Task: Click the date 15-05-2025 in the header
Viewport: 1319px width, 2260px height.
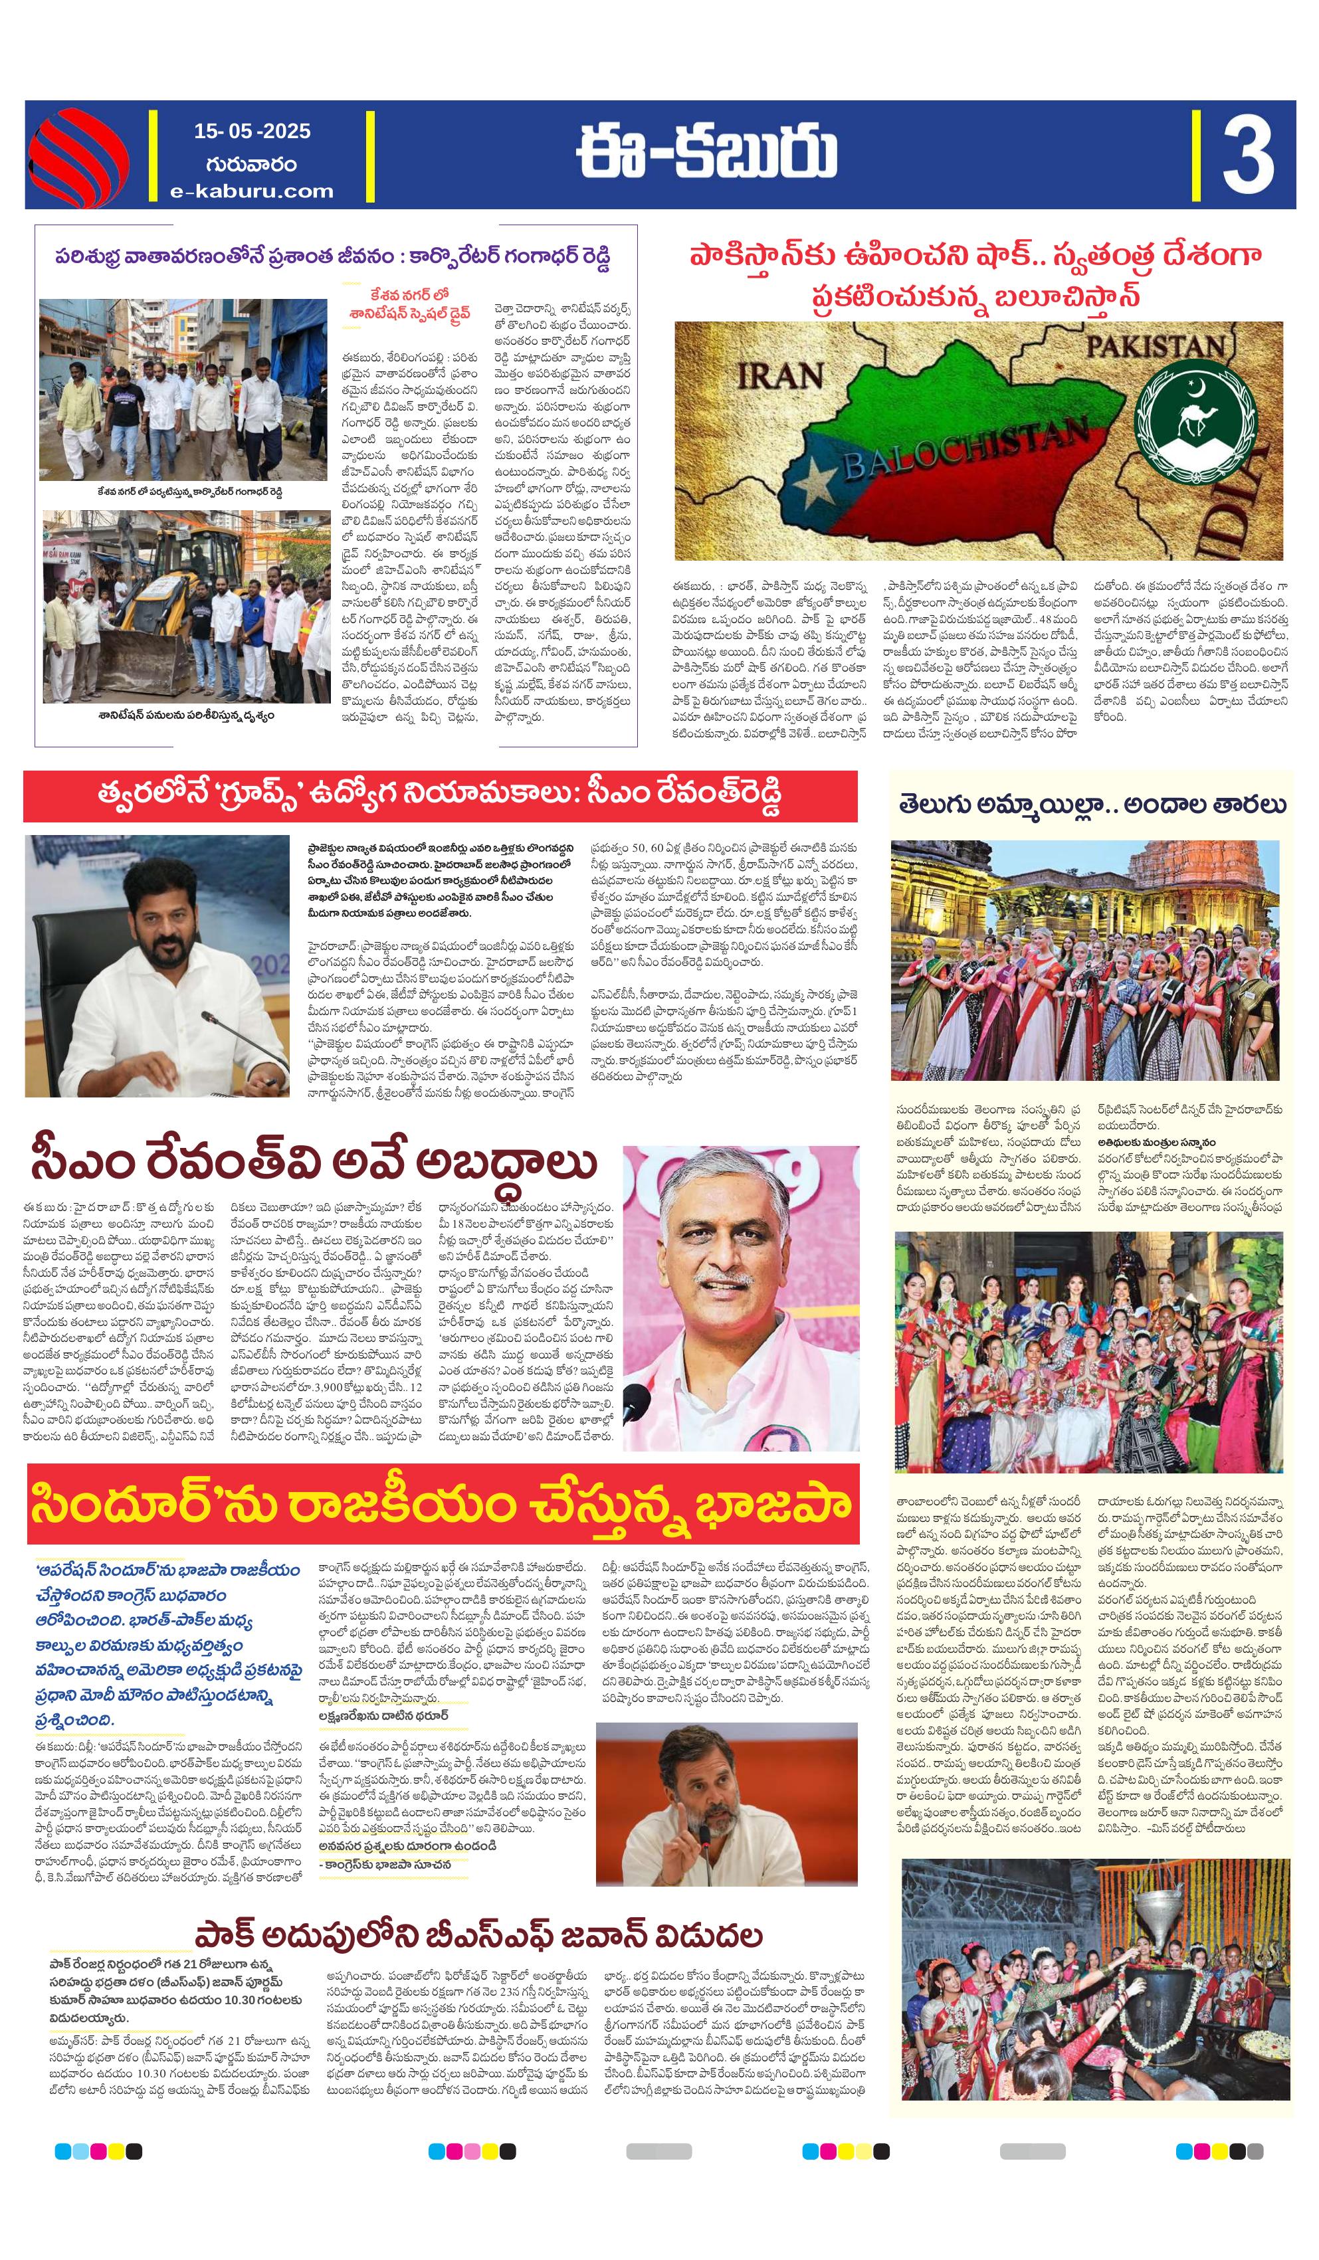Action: click(x=252, y=131)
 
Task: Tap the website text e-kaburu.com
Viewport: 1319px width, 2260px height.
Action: click(x=252, y=191)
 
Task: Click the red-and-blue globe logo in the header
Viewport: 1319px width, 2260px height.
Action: click(x=79, y=155)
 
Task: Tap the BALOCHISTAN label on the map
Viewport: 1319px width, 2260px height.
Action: click(x=965, y=448)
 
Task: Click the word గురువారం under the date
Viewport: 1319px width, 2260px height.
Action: click(x=251, y=163)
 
